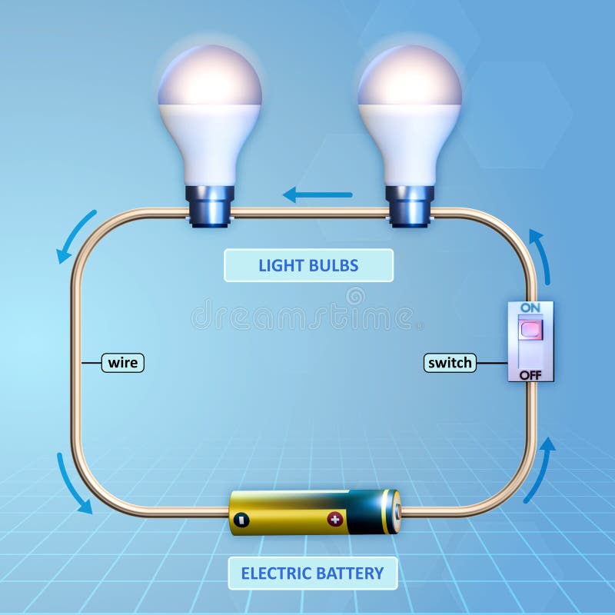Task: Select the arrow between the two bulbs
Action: click(317, 194)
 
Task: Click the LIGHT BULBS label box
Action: click(308, 265)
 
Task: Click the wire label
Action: click(123, 362)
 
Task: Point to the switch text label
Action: click(450, 362)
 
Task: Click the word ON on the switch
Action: click(530, 307)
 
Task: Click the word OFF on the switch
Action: click(530, 374)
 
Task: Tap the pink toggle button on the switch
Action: click(530, 330)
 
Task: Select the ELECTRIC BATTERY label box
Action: click(312, 573)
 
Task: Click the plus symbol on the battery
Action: click(334, 519)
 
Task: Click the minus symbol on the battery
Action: click(241, 519)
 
